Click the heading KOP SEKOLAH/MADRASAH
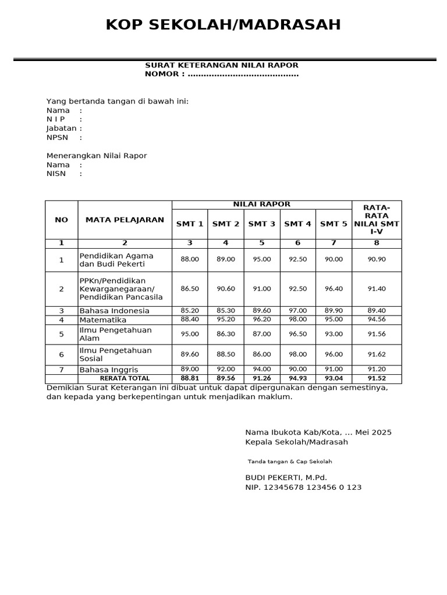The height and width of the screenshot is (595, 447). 223,25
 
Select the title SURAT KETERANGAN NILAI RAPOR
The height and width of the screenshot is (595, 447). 222,65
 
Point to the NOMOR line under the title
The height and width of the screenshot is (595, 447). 222,74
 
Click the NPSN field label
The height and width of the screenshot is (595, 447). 57,138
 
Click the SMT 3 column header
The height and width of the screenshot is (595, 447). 262,224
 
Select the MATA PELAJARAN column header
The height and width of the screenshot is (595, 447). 125,220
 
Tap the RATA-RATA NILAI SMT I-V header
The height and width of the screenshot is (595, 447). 377,220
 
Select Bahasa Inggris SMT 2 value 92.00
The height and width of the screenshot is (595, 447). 226,370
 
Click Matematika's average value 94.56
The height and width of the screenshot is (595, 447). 377,320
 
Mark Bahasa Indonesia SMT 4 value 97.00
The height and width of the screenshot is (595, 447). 298,311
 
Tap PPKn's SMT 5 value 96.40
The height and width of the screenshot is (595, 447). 334,289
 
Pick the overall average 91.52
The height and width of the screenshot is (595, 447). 377,378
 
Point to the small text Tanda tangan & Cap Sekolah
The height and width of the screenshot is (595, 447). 290,461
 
